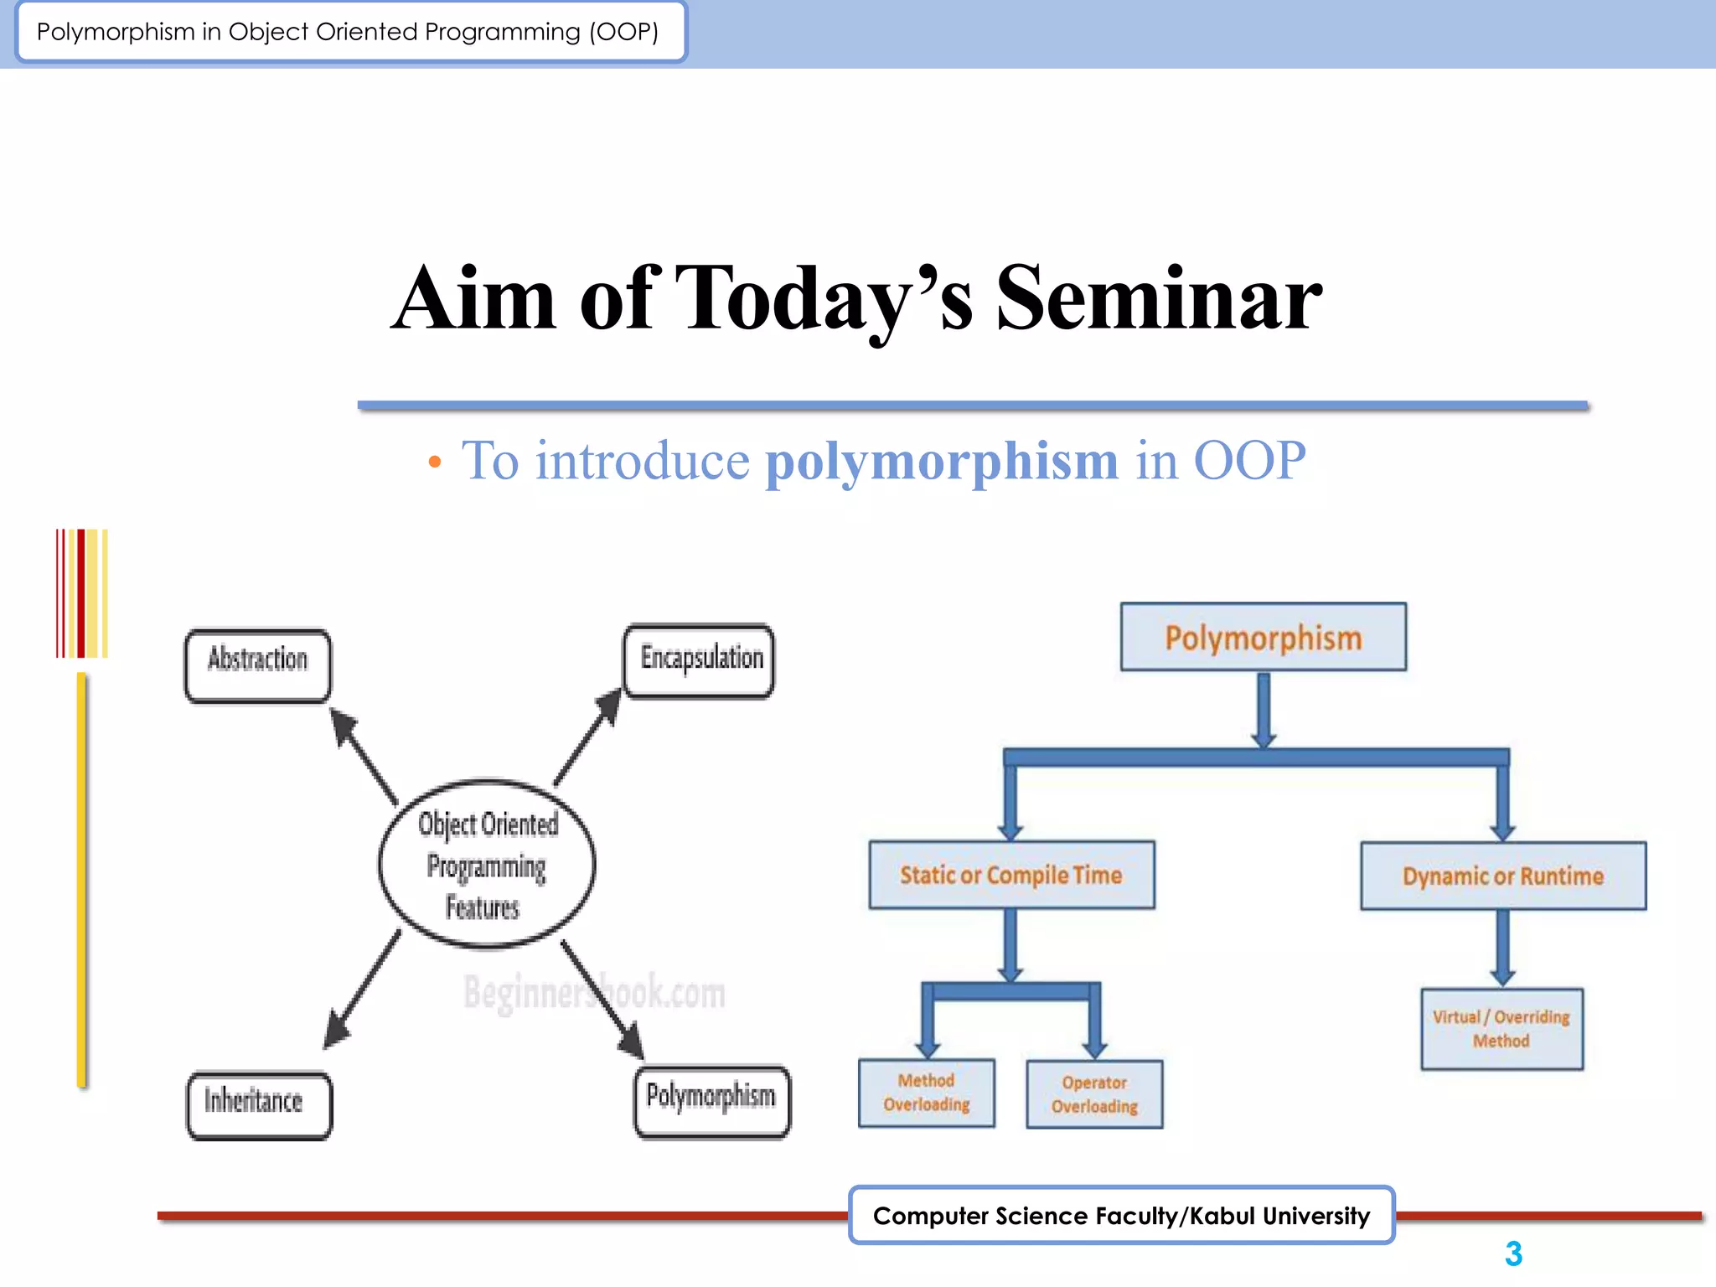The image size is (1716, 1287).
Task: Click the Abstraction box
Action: tap(257, 665)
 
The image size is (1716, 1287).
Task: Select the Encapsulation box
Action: tap(699, 661)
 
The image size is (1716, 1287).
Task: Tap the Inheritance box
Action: tap(259, 1104)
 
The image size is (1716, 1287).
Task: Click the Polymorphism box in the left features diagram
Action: tap(711, 1101)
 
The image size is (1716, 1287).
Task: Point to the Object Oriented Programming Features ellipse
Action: tap(487, 864)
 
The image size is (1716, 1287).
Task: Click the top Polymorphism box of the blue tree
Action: tap(1263, 638)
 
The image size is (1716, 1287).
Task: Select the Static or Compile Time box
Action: tap(1011, 876)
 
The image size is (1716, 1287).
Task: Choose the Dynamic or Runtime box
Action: tap(1502, 876)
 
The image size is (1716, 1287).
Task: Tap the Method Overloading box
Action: tap(926, 1093)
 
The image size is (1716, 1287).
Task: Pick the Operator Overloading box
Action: tap(1094, 1094)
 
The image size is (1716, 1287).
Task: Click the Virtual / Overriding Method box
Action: tap(1501, 1029)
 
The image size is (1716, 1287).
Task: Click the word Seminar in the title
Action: tap(1159, 299)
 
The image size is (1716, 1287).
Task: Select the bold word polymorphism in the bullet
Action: tap(942, 461)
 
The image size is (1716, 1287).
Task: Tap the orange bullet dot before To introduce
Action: tap(434, 462)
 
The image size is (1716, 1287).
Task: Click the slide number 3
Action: tap(1513, 1254)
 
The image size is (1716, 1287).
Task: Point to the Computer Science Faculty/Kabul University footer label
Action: tap(1121, 1215)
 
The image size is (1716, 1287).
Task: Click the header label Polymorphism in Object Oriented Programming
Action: tap(349, 32)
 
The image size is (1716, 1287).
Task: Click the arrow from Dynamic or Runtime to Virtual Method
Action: tap(1502, 947)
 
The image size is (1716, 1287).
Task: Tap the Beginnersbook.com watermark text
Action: tap(594, 993)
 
